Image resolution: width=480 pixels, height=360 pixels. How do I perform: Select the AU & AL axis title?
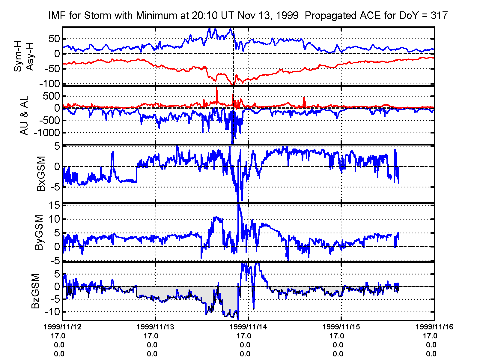click(x=24, y=115)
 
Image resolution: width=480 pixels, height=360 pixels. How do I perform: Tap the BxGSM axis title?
click(x=41, y=173)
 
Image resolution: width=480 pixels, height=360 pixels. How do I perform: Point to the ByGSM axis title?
click(x=39, y=232)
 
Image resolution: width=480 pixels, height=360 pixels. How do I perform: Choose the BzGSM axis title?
click(x=36, y=291)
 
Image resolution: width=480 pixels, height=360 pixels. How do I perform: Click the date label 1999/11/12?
click(x=63, y=327)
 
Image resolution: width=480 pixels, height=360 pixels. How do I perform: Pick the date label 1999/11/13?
click(x=155, y=327)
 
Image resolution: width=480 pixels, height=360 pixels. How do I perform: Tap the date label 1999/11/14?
click(x=248, y=327)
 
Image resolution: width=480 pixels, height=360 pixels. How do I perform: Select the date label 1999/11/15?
click(x=341, y=327)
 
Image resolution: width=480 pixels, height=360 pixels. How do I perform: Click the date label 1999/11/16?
click(x=434, y=327)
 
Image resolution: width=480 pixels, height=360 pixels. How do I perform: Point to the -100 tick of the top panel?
click(x=49, y=84)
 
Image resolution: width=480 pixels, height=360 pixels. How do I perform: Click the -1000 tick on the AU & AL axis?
click(x=46, y=133)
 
